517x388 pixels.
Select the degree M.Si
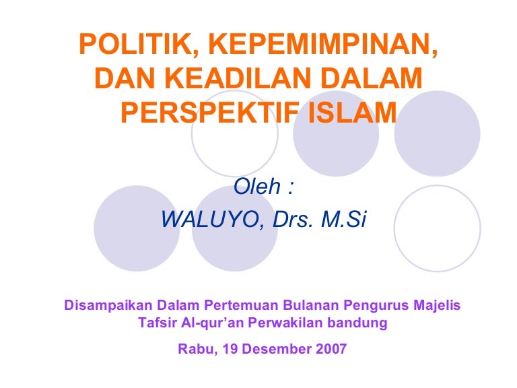[x=344, y=220]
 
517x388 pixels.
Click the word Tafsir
[x=157, y=323]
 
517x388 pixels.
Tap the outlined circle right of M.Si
[x=437, y=228]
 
